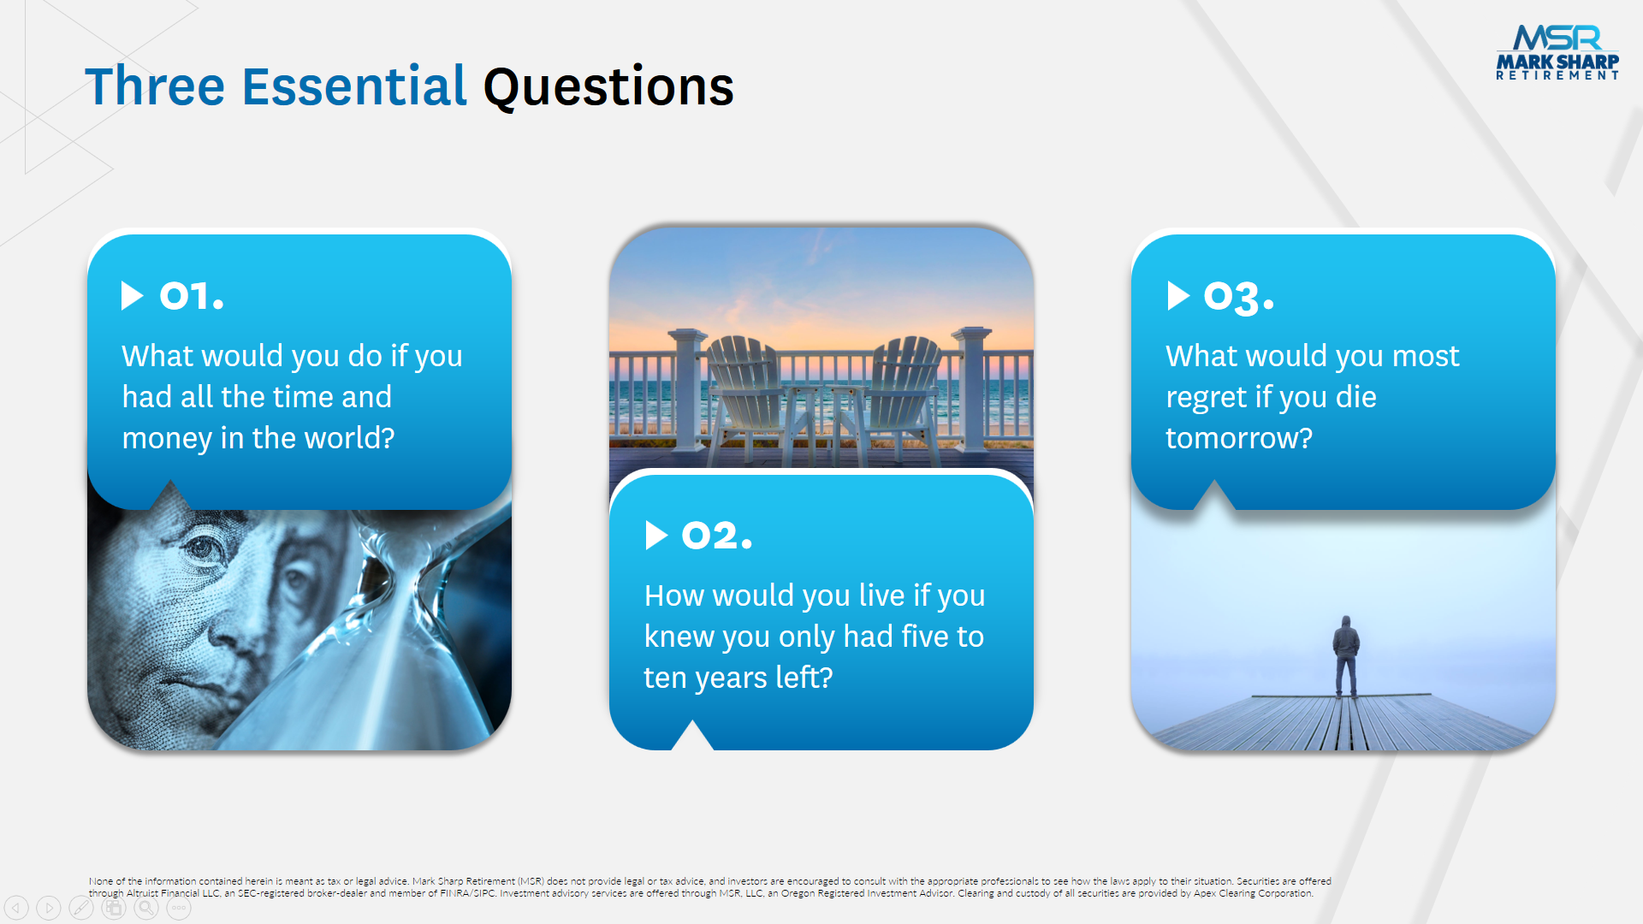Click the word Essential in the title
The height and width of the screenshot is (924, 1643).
point(354,86)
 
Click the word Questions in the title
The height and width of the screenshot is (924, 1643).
point(608,87)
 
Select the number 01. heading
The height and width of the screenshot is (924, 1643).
point(192,296)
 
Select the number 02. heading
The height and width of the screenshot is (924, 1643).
point(716,536)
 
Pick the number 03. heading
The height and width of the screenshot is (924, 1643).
point(1238,297)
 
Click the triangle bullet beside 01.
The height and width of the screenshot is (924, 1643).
point(132,295)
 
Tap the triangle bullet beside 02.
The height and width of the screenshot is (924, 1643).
point(656,535)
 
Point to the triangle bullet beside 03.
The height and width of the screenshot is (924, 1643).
point(1178,295)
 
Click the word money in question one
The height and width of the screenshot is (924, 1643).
point(167,438)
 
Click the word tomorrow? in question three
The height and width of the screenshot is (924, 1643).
point(1238,438)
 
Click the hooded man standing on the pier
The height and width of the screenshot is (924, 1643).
point(1346,656)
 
